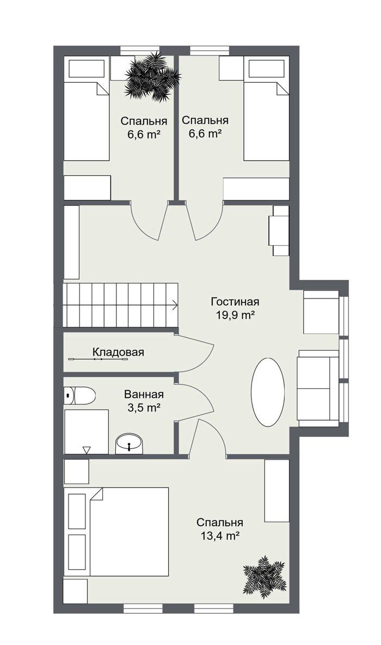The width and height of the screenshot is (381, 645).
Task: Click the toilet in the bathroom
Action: click(79, 395)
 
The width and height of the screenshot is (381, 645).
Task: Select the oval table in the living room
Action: click(268, 392)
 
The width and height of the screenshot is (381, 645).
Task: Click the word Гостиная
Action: click(235, 301)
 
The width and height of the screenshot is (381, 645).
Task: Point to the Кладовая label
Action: click(118, 352)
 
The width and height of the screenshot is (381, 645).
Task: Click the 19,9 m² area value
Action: click(235, 315)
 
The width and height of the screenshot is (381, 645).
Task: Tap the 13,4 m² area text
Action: click(220, 536)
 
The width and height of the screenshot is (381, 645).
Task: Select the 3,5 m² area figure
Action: click(144, 408)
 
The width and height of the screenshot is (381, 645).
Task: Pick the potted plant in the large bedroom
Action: click(265, 575)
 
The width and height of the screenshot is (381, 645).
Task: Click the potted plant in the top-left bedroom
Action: click(152, 76)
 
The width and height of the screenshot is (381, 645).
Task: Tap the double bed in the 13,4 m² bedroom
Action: click(116, 532)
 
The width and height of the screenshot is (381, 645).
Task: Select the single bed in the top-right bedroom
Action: click(267, 108)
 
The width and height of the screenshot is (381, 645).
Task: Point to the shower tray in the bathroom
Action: click(87, 431)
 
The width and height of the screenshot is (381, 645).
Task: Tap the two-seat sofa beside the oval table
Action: click(318, 388)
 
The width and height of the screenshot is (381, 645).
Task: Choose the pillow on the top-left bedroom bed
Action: click(86, 68)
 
